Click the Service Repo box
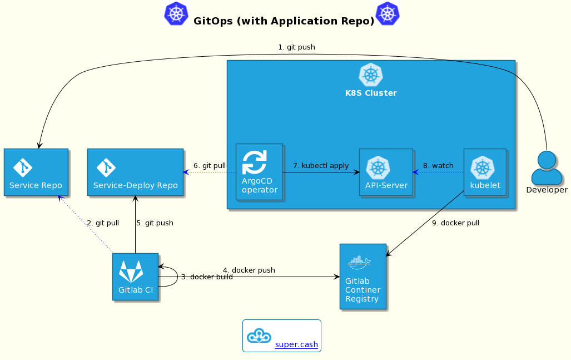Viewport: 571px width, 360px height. pyautogui.click(x=36, y=172)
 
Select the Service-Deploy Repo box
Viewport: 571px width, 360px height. pyautogui.click(x=135, y=172)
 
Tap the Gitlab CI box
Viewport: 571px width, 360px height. pyautogui.click(x=135, y=277)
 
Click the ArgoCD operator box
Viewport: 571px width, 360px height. pyautogui.click(x=259, y=172)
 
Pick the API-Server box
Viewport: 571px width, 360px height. pyautogui.click(x=386, y=172)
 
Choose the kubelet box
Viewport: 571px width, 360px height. pyautogui.click(x=485, y=172)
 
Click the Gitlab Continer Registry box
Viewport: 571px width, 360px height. pyautogui.click(x=363, y=276)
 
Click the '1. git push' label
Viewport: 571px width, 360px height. pyautogui.click(x=296, y=47)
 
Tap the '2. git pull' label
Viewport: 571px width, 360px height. pyautogui.click(x=103, y=223)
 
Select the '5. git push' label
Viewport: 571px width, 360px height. pyautogui.click(x=155, y=223)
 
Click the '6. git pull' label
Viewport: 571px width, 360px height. pyautogui.click(x=210, y=166)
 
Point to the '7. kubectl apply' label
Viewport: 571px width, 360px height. pyautogui.click(x=321, y=166)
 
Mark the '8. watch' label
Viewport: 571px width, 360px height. pyautogui.click(x=438, y=166)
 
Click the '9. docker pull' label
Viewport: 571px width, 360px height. pyautogui.click(x=455, y=223)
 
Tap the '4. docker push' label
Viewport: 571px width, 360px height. pyautogui.click(x=249, y=270)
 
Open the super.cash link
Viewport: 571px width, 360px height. pyautogui.click(x=296, y=345)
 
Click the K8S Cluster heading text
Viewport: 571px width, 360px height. pyautogui.click(x=371, y=93)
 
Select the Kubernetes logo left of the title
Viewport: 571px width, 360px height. pyautogui.click(x=176, y=13)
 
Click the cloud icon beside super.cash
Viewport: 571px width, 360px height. pyautogui.click(x=259, y=336)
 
